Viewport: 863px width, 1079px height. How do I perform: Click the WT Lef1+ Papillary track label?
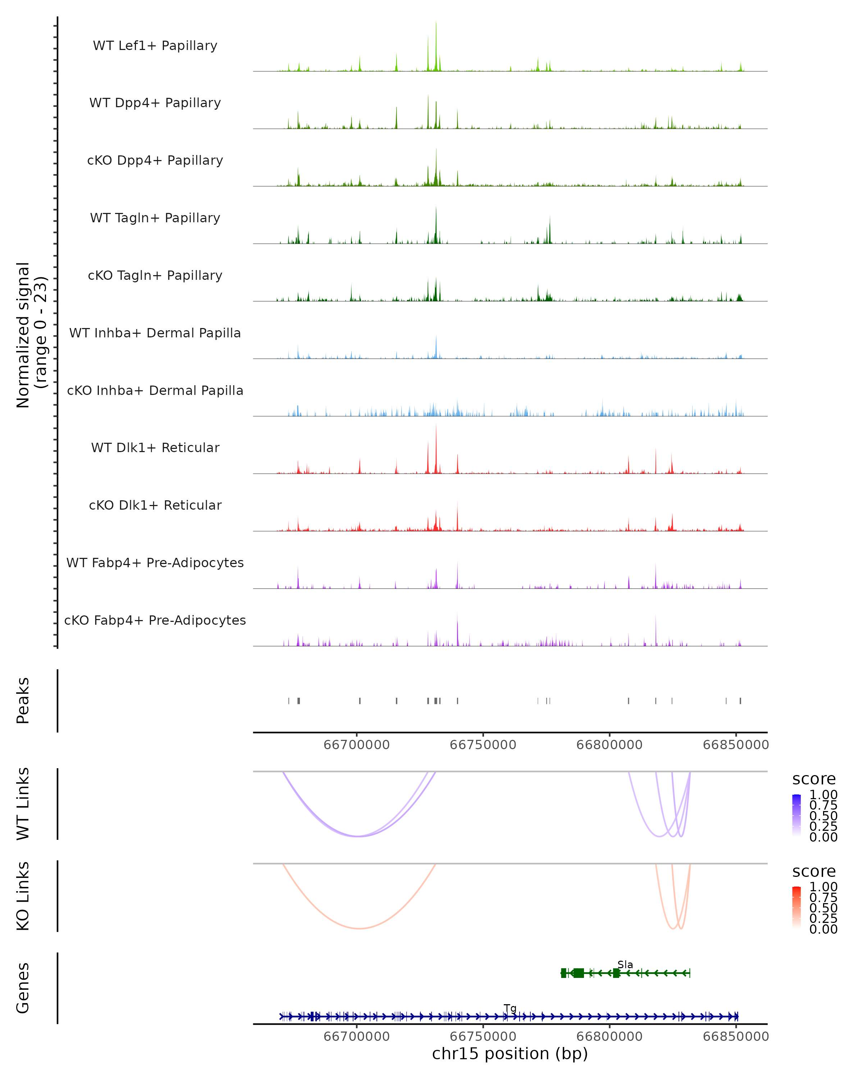[155, 46]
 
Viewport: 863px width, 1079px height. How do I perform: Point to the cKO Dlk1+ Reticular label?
[155, 505]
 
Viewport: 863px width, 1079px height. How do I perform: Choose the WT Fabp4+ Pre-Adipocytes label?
[155, 563]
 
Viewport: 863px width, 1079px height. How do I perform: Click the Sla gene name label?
[625, 964]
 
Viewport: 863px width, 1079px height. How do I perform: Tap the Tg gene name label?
[510, 1008]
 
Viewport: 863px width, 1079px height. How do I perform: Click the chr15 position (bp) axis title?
[510, 1054]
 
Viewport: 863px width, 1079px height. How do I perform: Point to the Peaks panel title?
[23, 701]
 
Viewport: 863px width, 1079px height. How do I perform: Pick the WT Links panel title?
[23, 804]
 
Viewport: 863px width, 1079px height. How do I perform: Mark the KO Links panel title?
[23, 896]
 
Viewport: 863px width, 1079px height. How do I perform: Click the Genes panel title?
[23, 988]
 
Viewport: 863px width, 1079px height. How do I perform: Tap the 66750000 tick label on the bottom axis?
[483, 1037]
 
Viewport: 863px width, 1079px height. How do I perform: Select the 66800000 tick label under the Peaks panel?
[609, 745]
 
